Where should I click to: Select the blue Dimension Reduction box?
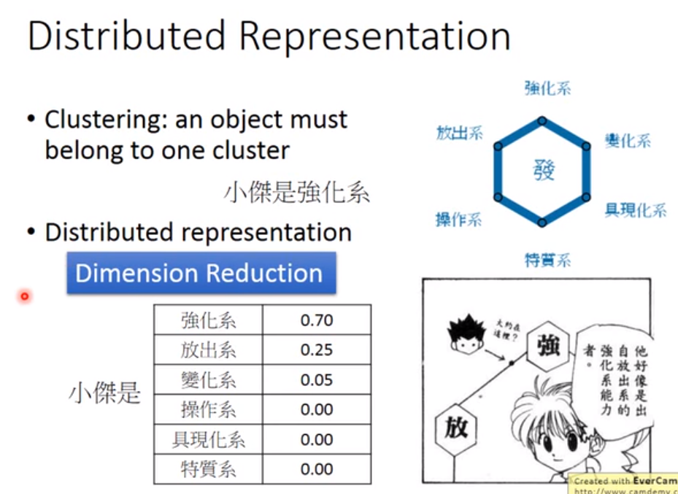click(x=201, y=274)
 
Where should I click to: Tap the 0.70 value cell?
click(x=316, y=320)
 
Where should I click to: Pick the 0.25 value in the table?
click(x=316, y=350)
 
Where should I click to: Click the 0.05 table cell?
click(x=316, y=379)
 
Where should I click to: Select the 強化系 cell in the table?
click(x=208, y=320)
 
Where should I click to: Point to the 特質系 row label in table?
click(x=208, y=469)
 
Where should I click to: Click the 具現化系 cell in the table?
click(x=208, y=439)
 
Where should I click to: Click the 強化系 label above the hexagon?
click(x=547, y=89)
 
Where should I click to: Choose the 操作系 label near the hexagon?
click(x=458, y=219)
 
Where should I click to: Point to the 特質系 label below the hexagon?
click(x=547, y=259)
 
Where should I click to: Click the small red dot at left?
click(x=24, y=296)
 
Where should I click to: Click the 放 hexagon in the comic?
click(x=452, y=428)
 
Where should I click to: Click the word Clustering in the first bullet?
click(x=99, y=120)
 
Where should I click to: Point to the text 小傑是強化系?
click(x=296, y=193)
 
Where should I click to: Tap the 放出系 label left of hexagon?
click(x=459, y=133)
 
